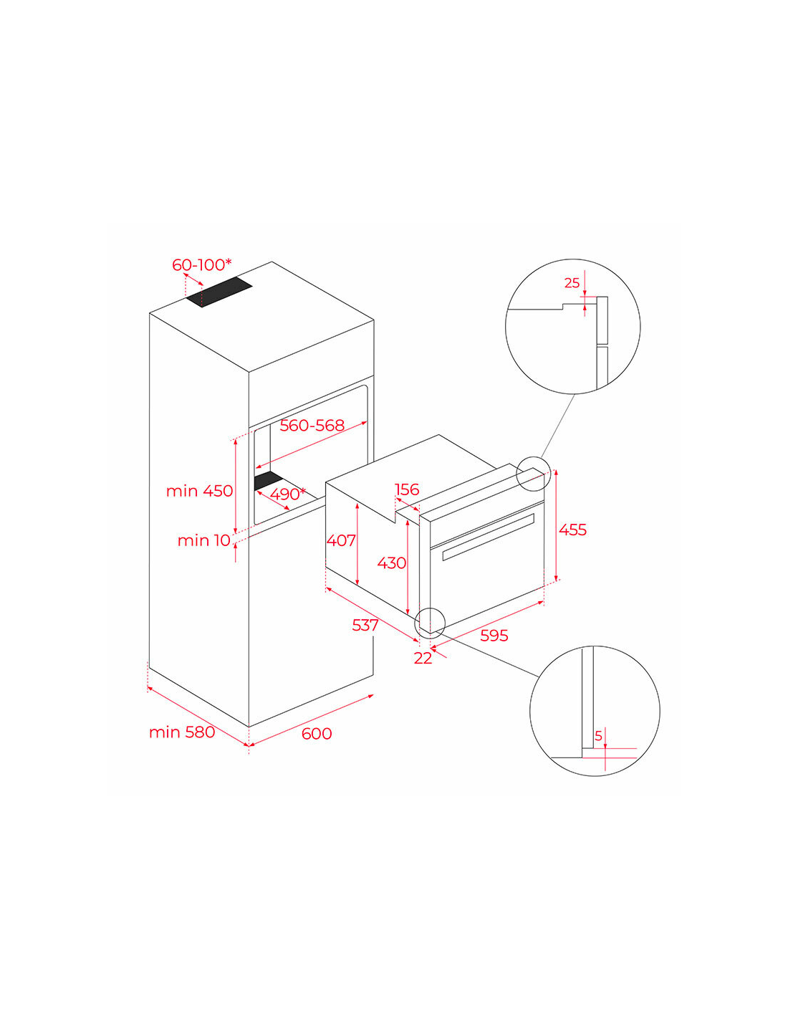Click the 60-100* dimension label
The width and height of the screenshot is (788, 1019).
pos(201,265)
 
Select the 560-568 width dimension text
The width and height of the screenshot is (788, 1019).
pos(312,426)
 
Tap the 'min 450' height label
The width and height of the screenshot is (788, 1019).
pos(199,491)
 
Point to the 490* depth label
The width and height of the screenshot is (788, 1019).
pos(287,494)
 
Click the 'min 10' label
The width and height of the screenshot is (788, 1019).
pos(203,541)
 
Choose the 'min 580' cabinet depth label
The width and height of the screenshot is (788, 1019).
pos(182,732)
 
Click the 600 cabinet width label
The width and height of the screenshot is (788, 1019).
pos(317,733)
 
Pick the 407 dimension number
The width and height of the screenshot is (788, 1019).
pos(341,540)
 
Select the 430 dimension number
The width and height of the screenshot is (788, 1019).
pos(391,563)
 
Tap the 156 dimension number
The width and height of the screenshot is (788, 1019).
pos(407,489)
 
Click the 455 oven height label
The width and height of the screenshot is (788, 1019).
pos(572,530)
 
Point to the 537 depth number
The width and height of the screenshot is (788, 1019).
pos(365,625)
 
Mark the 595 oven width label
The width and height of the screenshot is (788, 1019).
pos(494,636)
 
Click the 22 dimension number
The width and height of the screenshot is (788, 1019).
pos(423,659)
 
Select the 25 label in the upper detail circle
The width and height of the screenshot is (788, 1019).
pos(572,283)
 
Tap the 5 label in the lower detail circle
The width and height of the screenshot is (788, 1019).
pos(598,736)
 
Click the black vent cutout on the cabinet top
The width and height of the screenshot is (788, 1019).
pos(219,292)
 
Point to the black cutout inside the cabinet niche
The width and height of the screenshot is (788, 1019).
pos(268,482)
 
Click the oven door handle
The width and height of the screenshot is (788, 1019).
pos(489,537)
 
